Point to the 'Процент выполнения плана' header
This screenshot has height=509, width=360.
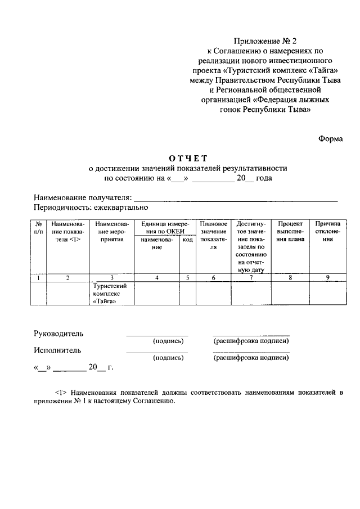click(x=290, y=231)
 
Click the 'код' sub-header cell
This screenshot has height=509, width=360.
click(x=187, y=240)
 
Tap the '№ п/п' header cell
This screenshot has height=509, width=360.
click(x=38, y=227)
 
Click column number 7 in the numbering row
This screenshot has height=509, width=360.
click(x=251, y=277)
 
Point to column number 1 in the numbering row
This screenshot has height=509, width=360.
click(x=38, y=277)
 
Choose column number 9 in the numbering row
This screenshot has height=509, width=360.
click(x=327, y=277)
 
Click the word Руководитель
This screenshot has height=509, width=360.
click(x=58, y=334)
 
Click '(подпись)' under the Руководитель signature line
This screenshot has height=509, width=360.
click(x=168, y=341)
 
